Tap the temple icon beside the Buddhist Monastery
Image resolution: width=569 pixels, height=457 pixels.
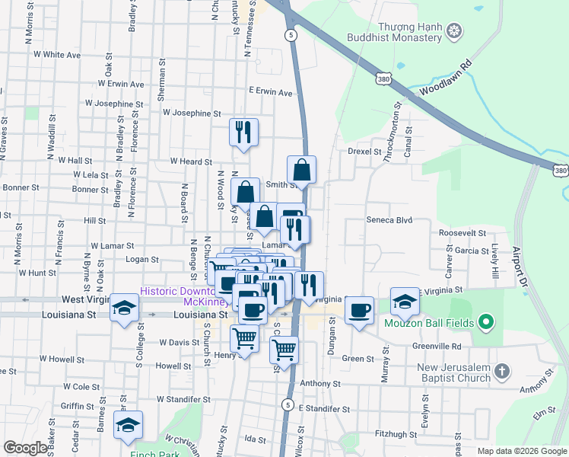455,30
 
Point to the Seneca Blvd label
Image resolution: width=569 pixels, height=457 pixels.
389,219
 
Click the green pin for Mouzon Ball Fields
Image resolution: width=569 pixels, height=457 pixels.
485,323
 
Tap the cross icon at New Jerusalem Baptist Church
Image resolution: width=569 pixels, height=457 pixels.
501,372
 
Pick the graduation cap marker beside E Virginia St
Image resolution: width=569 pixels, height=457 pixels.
405,301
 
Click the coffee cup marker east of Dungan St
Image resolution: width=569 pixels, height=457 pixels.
359,310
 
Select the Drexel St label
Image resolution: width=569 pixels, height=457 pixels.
364,152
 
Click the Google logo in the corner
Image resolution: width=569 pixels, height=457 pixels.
26,448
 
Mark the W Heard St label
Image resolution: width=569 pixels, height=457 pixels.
191,161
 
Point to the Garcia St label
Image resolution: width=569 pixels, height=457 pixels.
472,250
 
